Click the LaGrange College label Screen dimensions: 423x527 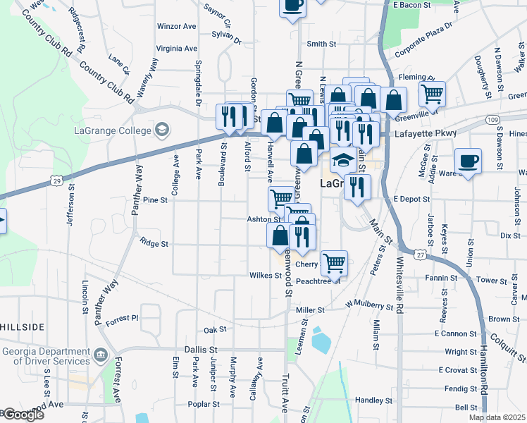coord(113,130)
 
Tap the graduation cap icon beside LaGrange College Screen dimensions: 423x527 coord(162,130)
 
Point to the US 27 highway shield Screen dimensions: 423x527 coord(421,255)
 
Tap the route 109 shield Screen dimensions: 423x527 coord(492,121)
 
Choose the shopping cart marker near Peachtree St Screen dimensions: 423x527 coord(334,262)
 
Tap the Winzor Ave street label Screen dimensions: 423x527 coord(177,26)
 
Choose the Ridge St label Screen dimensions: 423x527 coord(154,244)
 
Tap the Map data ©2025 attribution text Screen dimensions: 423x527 coord(497,417)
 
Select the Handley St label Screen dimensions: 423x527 coord(373,400)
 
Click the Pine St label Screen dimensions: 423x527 coord(154,200)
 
